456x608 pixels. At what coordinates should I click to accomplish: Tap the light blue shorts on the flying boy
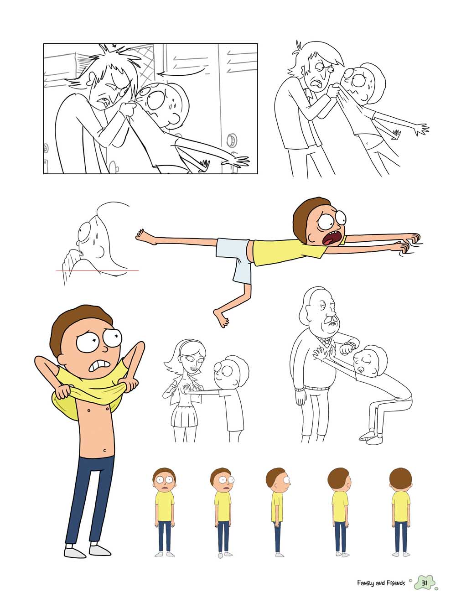[235, 260]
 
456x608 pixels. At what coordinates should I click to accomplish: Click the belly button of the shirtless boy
[105, 450]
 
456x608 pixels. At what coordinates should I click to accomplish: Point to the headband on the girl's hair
[186, 343]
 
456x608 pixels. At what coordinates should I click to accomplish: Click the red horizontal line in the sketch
[98, 270]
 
